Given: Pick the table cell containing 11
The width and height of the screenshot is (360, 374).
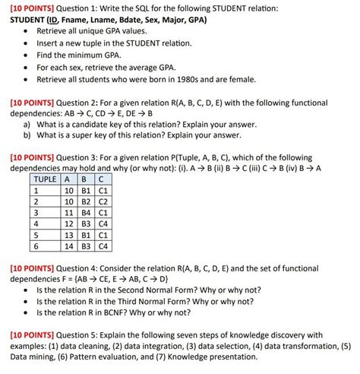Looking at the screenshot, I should [69, 213].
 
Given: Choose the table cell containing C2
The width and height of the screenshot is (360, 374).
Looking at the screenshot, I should [104, 201].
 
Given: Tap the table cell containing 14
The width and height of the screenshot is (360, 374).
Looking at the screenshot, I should [69, 246].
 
